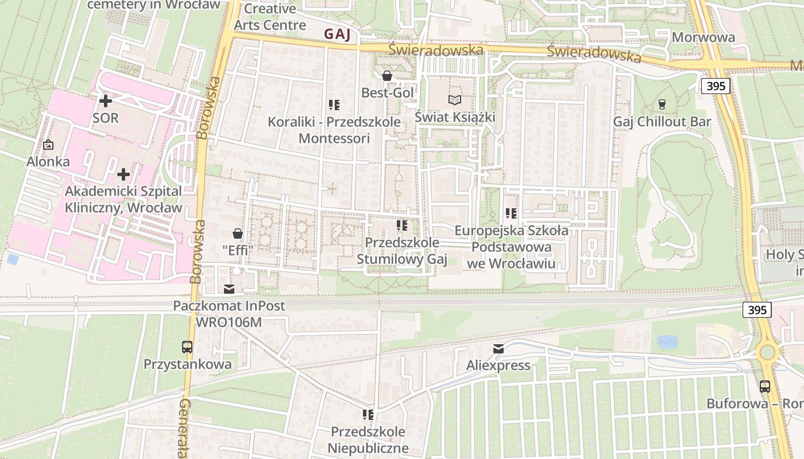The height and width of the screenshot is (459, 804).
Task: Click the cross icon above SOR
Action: (106, 102)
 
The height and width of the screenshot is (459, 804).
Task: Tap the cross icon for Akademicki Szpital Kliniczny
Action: (123, 174)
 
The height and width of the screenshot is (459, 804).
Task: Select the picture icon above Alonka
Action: (48, 145)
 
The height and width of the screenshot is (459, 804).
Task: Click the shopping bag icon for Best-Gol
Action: (387, 76)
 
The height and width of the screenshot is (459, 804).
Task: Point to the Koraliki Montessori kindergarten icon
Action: (334, 105)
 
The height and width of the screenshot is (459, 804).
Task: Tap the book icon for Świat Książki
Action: (455, 100)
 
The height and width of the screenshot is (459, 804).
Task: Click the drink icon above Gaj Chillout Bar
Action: (662, 104)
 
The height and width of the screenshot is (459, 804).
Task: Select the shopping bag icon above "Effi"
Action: (237, 234)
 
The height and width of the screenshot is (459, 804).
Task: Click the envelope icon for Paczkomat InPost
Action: (229, 289)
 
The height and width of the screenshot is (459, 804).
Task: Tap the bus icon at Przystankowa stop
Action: (187, 347)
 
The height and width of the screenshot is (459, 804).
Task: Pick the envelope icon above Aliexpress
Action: (498, 349)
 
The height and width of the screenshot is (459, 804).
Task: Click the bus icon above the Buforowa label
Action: (765, 387)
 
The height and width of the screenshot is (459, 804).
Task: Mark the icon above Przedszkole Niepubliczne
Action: (368, 415)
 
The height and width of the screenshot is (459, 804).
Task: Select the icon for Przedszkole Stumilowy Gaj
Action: (402, 225)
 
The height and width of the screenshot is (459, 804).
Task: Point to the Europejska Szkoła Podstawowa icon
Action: (511, 214)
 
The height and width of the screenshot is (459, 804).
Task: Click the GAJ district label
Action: (337, 34)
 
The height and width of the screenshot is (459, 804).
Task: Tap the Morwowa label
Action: (703, 37)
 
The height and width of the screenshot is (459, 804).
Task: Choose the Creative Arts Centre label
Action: (270, 17)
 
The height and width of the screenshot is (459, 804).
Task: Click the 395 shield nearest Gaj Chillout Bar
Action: (715, 87)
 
